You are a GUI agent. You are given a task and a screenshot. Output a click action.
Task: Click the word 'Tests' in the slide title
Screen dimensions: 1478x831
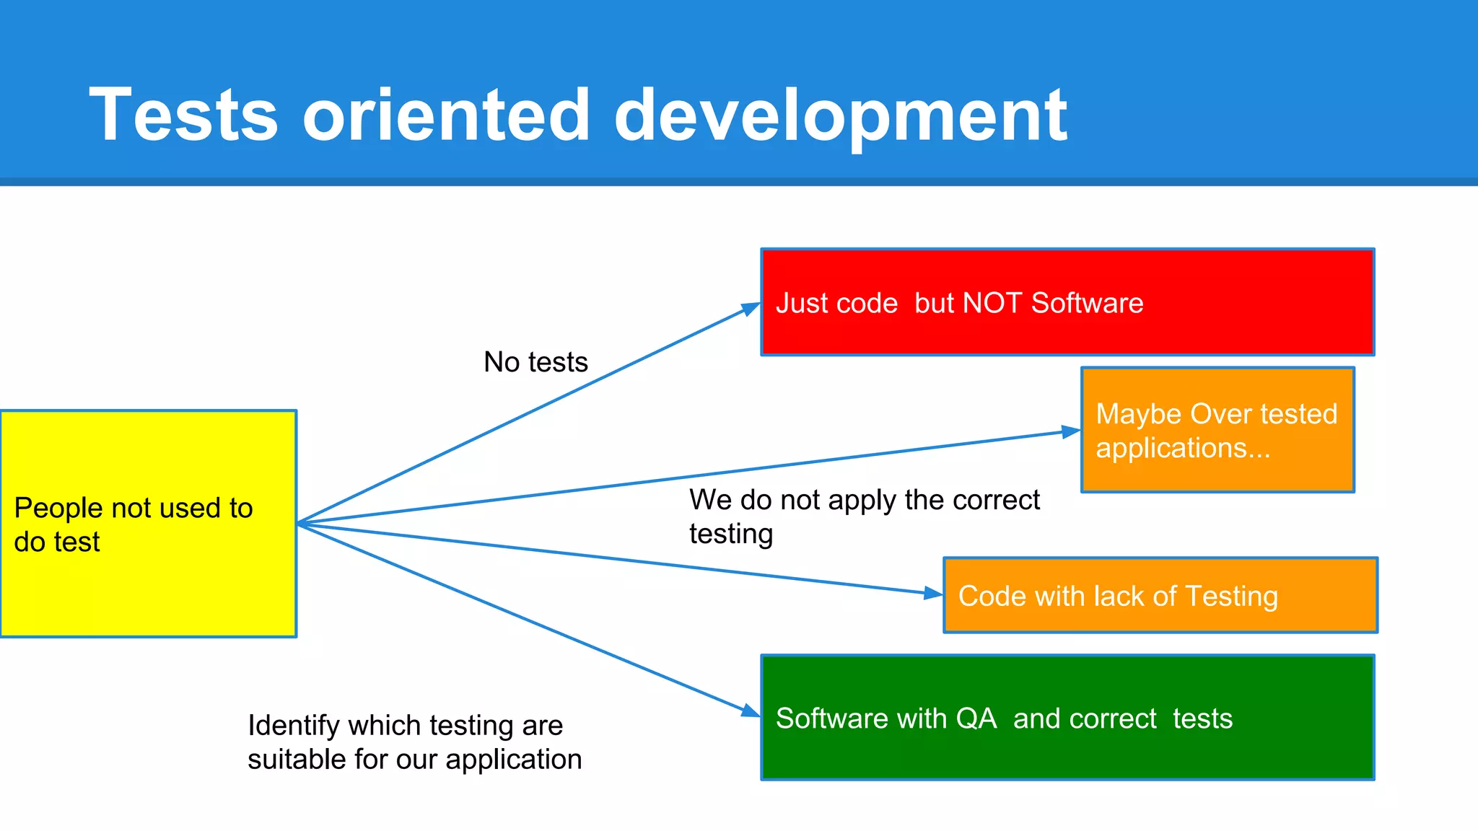click(x=183, y=115)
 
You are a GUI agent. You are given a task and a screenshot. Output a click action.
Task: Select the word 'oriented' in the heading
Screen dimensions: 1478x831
click(x=447, y=115)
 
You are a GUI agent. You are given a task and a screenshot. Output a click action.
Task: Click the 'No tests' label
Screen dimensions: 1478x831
click(x=535, y=362)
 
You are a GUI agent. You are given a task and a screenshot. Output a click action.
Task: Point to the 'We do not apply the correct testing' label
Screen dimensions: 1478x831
click(x=864, y=516)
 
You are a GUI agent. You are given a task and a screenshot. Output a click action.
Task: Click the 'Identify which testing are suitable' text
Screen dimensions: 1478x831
click(x=414, y=742)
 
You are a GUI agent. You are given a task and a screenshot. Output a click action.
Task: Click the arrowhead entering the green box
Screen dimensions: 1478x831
click(x=751, y=711)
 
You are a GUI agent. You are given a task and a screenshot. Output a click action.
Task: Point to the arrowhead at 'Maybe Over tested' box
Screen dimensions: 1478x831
click(x=1072, y=432)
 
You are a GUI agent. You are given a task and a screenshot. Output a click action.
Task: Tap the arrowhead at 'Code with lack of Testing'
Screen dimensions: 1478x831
click(x=934, y=594)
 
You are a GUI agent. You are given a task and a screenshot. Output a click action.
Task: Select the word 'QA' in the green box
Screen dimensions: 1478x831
click(x=976, y=719)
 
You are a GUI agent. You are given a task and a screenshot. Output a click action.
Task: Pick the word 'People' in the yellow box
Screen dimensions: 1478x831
click(x=58, y=509)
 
